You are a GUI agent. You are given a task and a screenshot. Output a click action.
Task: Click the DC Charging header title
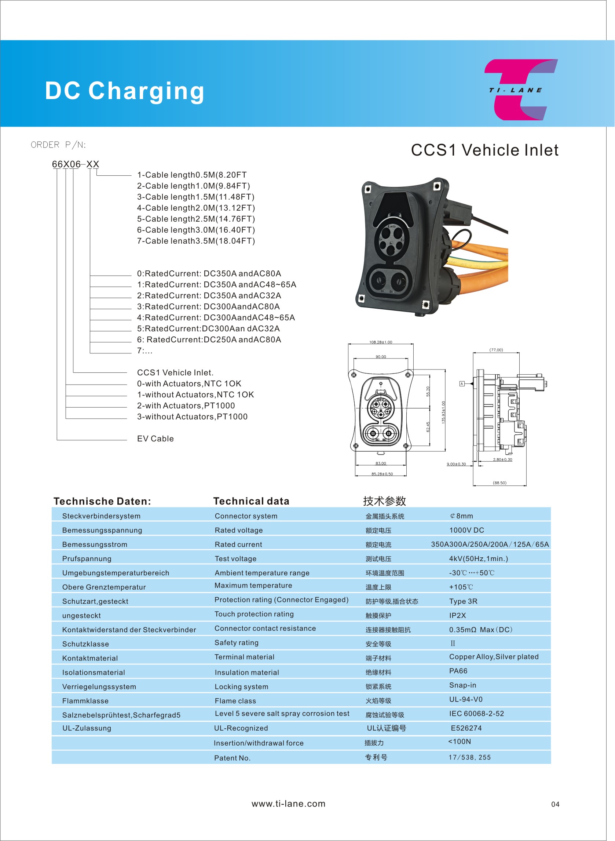125,91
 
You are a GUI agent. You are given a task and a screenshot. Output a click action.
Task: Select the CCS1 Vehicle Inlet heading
484,150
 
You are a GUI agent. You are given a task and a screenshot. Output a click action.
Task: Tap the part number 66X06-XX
76,164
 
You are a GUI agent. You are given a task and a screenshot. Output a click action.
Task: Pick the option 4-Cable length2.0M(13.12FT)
196,208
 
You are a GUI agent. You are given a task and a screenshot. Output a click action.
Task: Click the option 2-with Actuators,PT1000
186,405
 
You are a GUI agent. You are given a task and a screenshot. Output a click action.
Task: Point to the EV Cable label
155,439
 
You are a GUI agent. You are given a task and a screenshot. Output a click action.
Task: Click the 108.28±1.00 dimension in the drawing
380,342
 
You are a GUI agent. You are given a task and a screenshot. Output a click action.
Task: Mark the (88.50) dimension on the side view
499,483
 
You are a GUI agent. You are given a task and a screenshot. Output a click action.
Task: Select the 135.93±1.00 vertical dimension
443,412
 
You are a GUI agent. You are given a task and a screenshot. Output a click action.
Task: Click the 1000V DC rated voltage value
466,530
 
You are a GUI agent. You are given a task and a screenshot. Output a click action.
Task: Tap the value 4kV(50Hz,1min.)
478,559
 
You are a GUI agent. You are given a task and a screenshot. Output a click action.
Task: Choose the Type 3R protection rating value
463,601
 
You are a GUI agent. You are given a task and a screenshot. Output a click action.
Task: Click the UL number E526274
466,728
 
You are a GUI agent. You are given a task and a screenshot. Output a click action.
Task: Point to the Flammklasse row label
85,701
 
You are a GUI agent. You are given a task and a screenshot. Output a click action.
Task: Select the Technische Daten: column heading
102,501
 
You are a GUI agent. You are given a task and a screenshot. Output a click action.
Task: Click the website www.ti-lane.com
289,804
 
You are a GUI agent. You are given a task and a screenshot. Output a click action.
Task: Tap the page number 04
555,805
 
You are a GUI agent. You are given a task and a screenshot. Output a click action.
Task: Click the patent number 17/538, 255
469,757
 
